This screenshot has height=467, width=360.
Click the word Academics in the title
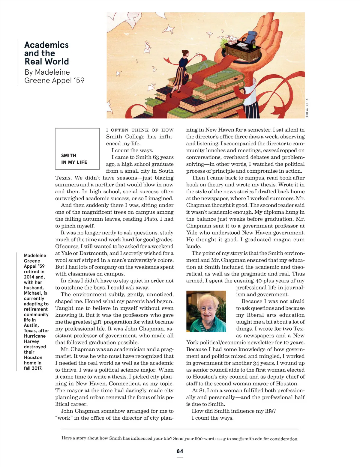pos(46,45)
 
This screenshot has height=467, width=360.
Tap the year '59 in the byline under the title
pos(79,81)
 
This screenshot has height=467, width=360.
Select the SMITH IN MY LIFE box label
pos(74,159)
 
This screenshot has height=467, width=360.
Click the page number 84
pos(180,451)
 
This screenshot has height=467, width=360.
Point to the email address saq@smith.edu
pos(247,439)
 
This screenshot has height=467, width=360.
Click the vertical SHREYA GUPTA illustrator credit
pos(307,108)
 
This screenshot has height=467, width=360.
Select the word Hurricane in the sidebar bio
pos(35,336)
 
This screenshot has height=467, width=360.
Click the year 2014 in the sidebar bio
pos(29,277)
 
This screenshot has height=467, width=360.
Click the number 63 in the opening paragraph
pos(156,157)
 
